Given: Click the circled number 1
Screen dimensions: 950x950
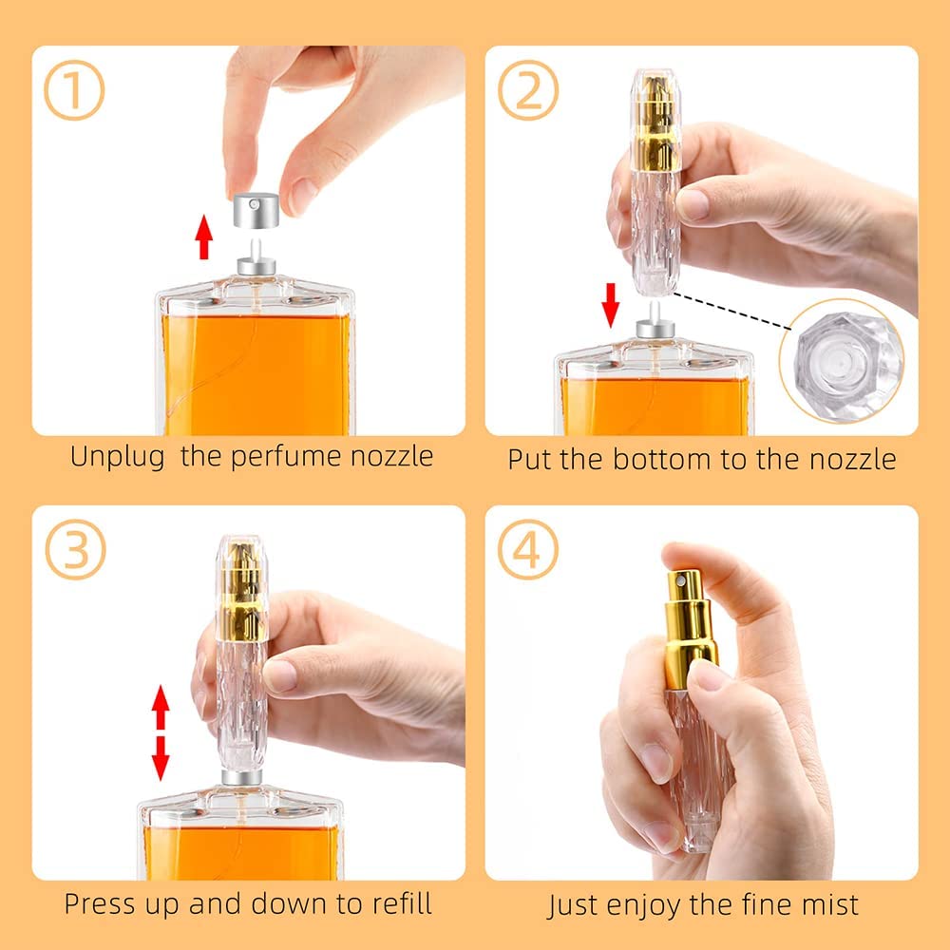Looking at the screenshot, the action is point(74,90).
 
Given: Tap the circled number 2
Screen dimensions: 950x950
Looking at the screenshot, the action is point(527,90).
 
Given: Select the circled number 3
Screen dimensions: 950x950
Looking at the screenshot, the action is point(75,549).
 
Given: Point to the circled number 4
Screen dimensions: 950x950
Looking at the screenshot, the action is point(527,549).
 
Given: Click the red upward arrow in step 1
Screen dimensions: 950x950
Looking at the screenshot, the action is point(204,237).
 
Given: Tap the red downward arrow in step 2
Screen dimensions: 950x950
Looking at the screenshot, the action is point(611,305).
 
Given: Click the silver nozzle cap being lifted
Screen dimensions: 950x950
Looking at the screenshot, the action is point(256,210).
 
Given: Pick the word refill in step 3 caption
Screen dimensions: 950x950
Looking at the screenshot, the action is point(402,903).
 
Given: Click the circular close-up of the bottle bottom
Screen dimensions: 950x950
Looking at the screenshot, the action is point(842,360).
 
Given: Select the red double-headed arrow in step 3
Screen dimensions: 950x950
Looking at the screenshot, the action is point(161,732).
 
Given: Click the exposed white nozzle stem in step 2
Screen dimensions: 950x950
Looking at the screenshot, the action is point(654,313).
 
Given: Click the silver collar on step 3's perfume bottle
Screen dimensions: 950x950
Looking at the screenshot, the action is point(241,777).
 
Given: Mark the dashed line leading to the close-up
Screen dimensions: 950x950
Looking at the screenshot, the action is point(731,312).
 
